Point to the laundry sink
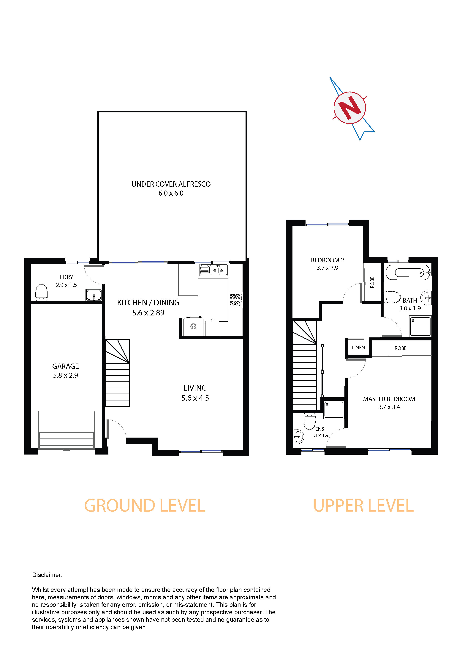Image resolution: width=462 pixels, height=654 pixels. point(94,295)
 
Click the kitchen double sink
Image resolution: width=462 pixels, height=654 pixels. point(213,270)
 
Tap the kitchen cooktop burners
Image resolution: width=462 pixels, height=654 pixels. point(236,300)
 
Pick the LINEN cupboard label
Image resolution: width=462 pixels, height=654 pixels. point(358,348)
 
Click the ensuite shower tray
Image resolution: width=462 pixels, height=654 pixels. point(334,409)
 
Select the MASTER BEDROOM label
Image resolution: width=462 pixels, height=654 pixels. point(389,399)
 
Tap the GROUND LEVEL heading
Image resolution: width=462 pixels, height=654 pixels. point(145,506)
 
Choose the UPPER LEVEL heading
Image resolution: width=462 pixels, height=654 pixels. point(363,506)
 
